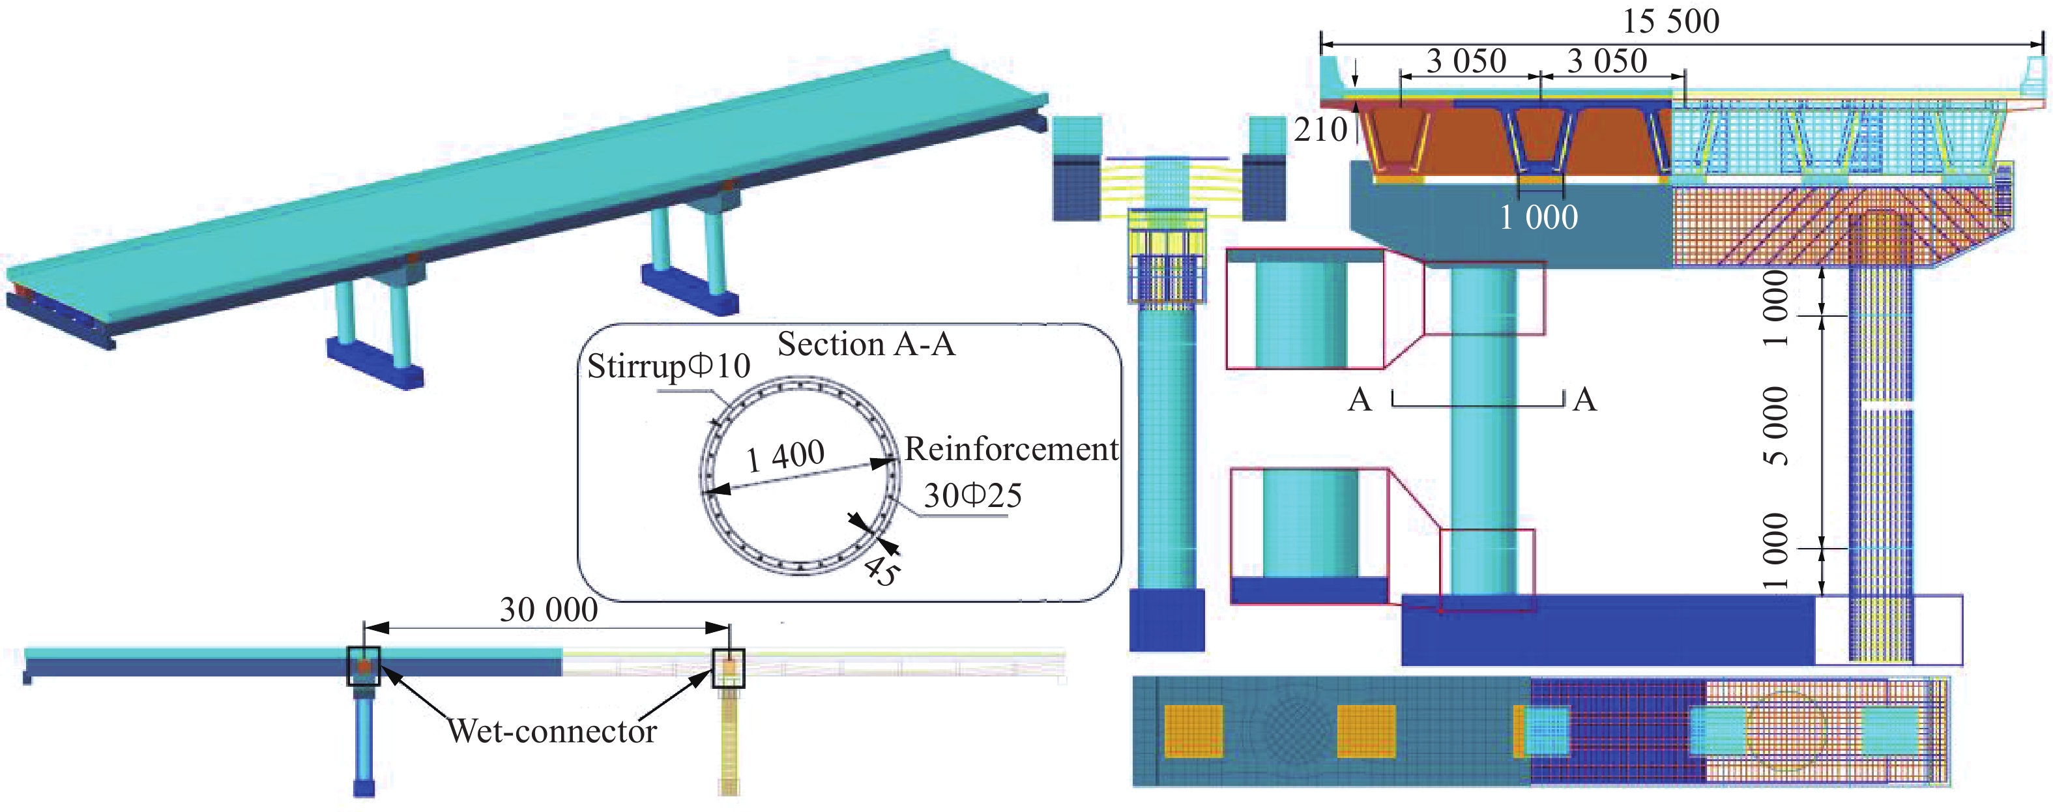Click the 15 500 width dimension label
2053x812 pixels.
point(1670,21)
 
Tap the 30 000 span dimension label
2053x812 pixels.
point(548,609)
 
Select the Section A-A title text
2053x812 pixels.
point(866,344)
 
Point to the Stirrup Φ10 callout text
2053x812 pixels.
point(669,366)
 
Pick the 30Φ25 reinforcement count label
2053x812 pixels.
point(972,496)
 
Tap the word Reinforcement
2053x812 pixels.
point(1011,450)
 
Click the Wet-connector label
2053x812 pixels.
point(551,731)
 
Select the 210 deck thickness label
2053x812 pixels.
point(1320,130)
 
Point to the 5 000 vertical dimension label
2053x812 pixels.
point(1775,426)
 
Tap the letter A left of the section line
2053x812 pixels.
point(1360,400)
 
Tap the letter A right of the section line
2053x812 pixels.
point(1584,400)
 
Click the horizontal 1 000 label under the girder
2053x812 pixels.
point(1538,218)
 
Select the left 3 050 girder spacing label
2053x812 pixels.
point(1466,61)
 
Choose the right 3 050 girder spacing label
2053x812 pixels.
point(1607,61)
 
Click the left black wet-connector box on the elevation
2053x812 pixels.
point(364,666)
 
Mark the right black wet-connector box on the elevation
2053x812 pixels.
point(727,668)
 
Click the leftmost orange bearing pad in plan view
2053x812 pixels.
point(1193,731)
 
